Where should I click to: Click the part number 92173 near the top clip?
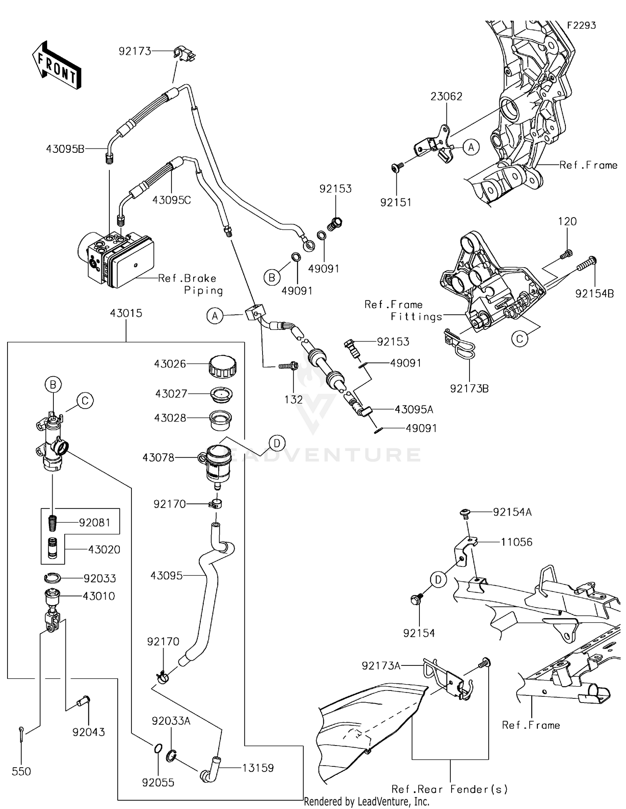[x=134, y=51]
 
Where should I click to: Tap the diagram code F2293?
[x=581, y=25]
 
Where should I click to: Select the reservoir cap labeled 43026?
[x=222, y=366]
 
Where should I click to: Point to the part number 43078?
[x=158, y=458]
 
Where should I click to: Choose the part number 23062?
[x=446, y=96]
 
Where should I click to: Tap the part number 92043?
[x=88, y=732]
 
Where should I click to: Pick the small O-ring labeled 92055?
[x=157, y=749]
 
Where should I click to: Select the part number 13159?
[x=257, y=768]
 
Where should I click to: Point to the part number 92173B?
[x=469, y=388]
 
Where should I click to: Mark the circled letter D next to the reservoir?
[x=277, y=443]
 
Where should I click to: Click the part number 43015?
[x=126, y=313]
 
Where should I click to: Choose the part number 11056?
[x=516, y=542]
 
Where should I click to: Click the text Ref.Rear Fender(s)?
[x=449, y=789]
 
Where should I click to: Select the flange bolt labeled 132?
[x=289, y=366]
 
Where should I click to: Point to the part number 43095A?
[x=414, y=410]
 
